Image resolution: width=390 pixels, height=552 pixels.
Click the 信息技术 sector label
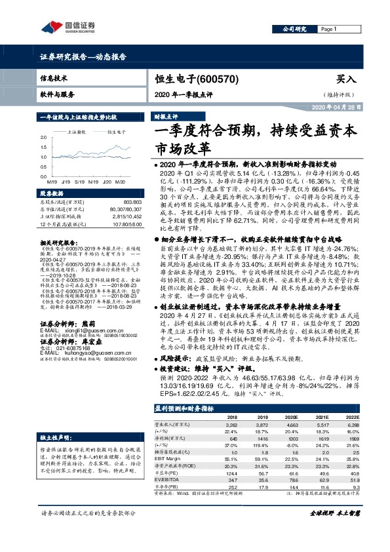tap(54, 77)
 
